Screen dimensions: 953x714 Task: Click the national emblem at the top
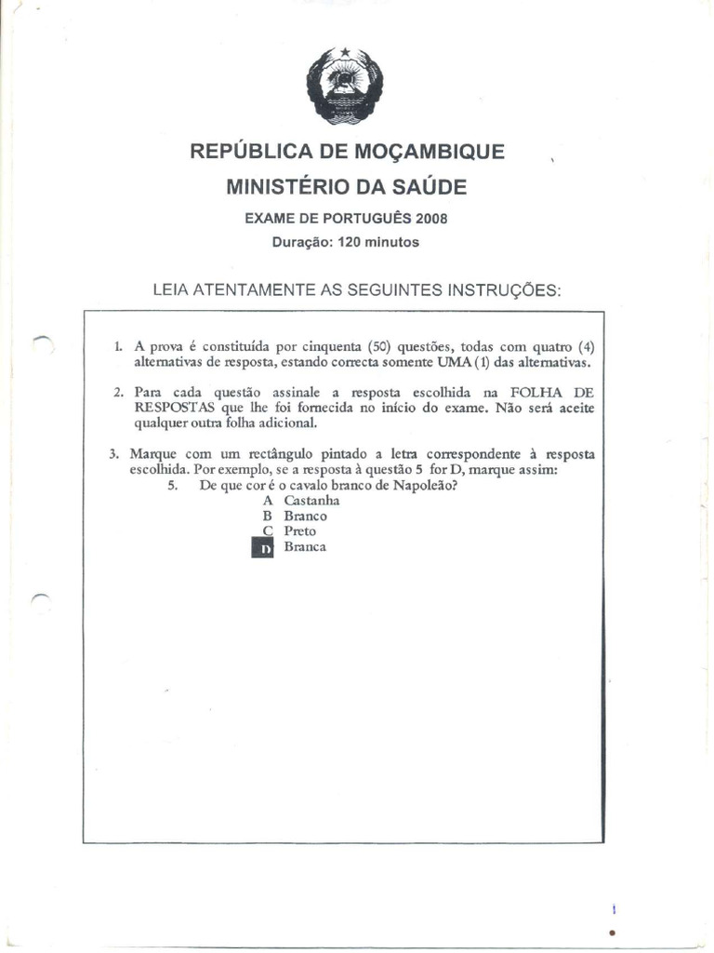pos(345,86)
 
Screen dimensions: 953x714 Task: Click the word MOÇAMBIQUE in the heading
pos(427,152)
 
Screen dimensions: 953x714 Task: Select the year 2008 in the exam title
pos(431,220)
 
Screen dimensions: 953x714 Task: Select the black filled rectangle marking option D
pos(264,548)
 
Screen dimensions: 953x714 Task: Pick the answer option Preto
pos(299,531)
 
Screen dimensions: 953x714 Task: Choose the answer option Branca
pos(305,547)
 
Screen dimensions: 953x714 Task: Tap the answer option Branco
pos(305,516)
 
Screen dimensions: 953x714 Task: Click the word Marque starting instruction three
pos(152,454)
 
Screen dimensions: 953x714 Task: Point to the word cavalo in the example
pos(322,485)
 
